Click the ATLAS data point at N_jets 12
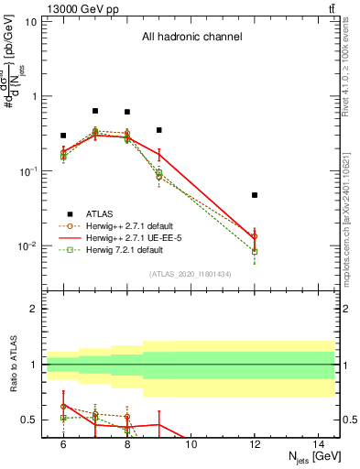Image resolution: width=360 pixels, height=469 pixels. click(255, 195)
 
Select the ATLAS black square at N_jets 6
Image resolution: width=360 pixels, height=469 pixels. click(63, 135)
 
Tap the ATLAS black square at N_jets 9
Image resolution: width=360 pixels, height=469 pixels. click(158, 130)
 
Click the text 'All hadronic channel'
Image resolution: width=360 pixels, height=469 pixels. click(191, 38)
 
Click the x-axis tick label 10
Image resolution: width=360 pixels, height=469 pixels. click(191, 444)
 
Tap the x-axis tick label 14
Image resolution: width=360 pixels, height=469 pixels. click(318, 444)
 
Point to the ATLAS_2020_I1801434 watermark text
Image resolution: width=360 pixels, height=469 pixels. click(191, 274)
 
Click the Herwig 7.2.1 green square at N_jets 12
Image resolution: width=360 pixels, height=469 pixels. click(255, 251)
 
